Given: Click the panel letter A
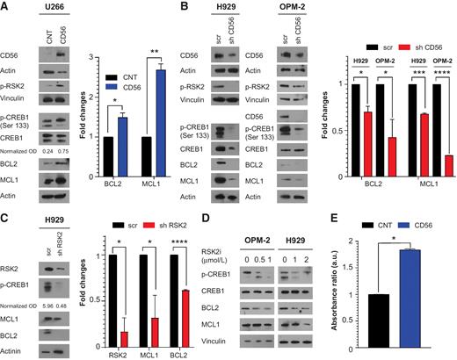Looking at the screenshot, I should [x=5, y=6].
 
